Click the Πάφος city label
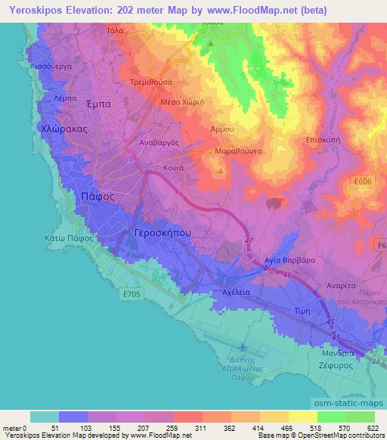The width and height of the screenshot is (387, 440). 98,195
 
